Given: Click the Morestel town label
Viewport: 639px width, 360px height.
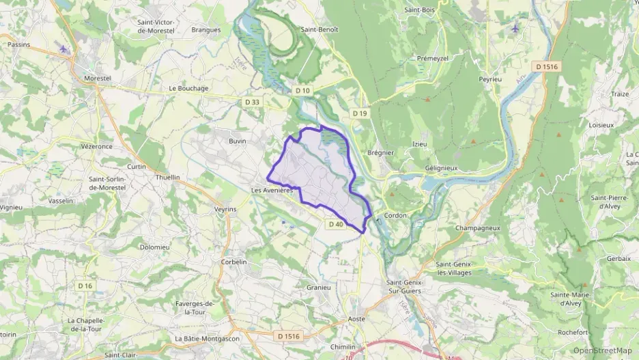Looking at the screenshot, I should (97, 79).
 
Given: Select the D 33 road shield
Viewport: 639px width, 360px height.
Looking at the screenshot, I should (252, 102).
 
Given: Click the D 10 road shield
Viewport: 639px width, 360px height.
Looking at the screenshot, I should (302, 90).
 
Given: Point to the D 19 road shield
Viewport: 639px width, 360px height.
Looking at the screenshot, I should (360, 113).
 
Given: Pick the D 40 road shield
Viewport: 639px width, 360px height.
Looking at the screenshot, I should (335, 224).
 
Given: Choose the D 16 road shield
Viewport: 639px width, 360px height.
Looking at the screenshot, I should (85, 285).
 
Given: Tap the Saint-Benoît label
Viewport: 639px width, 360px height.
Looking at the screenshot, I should (319, 29).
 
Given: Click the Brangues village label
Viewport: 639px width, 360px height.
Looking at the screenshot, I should (205, 29).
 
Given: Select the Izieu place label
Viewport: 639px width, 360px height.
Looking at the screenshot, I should (419, 144).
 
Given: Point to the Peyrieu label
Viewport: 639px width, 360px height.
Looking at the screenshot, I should (490, 79).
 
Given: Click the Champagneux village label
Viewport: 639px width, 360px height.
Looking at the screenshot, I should (478, 228).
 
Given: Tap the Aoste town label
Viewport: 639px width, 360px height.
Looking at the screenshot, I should (356, 319).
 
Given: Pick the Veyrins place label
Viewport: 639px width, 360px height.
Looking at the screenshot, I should (225, 209).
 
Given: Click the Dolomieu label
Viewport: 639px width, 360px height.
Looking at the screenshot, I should (154, 247).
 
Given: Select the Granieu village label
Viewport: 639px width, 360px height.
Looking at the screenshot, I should (318, 288).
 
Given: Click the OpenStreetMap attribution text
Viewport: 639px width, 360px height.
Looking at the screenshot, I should (603, 351).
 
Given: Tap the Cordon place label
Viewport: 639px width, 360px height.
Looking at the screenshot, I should (395, 215).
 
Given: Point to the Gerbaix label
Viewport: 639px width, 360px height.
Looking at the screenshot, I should (619, 259).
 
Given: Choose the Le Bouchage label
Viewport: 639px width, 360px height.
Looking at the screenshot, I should (188, 88).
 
